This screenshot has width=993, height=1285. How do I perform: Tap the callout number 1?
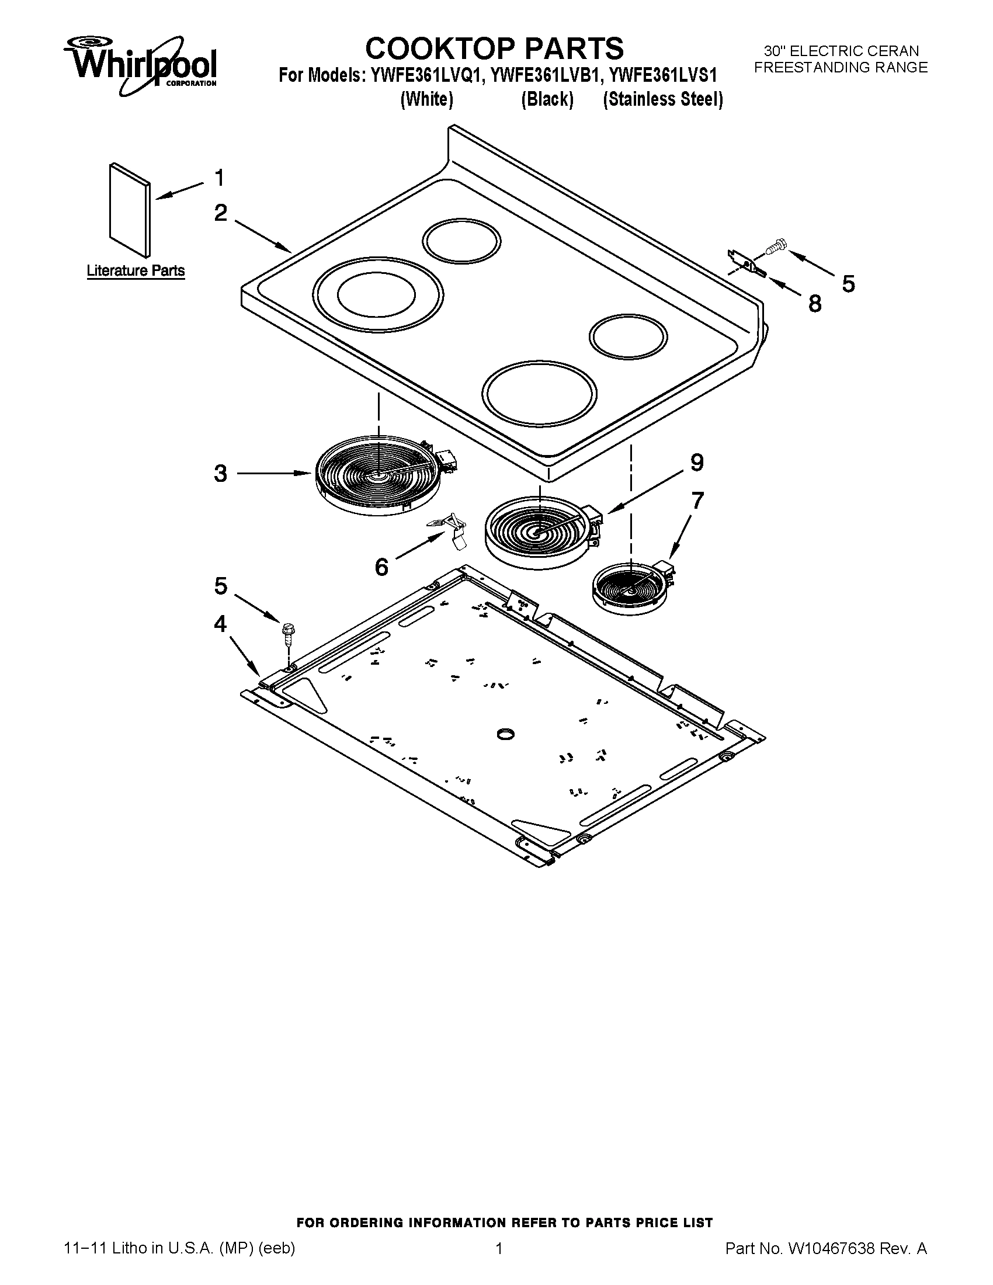220,178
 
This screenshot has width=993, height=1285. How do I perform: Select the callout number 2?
221,213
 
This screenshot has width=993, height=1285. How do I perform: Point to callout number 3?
221,473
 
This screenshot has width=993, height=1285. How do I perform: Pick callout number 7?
697,501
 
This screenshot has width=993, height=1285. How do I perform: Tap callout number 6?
382,567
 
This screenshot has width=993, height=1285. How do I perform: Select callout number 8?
815,304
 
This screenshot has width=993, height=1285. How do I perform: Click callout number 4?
220,623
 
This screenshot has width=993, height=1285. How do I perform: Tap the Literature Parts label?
136,271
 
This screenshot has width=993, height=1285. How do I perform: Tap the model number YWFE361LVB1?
547,76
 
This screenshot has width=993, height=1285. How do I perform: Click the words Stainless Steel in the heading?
663,99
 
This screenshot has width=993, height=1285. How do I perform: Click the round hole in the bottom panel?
505,734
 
